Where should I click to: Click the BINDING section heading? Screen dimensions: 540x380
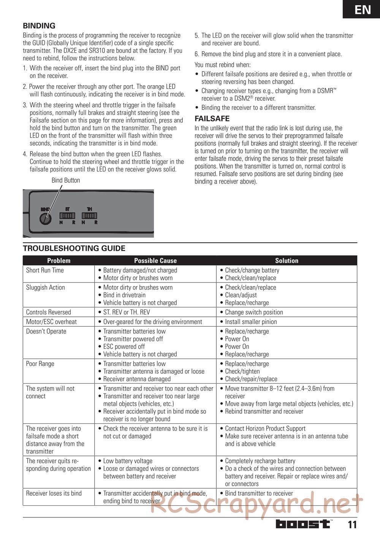(x=39, y=26)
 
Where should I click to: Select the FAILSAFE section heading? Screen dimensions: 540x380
(x=212, y=118)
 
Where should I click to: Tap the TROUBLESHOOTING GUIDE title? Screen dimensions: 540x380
(x=74, y=248)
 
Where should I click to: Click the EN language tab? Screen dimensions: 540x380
(x=363, y=9)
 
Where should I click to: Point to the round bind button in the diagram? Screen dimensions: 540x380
(x=46, y=220)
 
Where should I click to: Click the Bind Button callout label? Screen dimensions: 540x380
(x=66, y=180)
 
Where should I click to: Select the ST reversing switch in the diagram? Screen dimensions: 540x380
(x=67, y=216)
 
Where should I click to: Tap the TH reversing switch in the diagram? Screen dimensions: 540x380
(x=89, y=216)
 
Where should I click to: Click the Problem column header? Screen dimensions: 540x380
(x=59, y=260)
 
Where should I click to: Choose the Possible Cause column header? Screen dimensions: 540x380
(x=155, y=260)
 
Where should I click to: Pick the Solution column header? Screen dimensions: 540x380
(x=287, y=260)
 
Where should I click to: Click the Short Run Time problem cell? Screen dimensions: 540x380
(x=45, y=270)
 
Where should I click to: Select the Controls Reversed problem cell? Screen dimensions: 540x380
(x=48, y=312)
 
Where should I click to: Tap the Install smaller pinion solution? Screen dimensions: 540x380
(x=251, y=322)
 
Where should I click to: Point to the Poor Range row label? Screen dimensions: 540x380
(x=40, y=364)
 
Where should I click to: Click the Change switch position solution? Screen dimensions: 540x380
(x=254, y=312)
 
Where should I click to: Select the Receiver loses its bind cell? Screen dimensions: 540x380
(x=54, y=493)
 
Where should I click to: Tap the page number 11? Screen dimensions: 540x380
(x=352, y=525)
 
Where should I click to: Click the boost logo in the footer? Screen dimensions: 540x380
(x=303, y=524)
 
